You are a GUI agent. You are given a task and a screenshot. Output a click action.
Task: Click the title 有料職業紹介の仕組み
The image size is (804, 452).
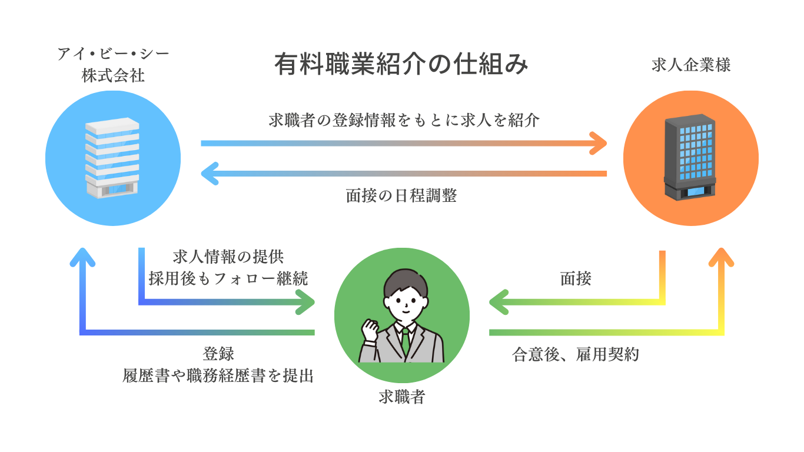coord(401,65)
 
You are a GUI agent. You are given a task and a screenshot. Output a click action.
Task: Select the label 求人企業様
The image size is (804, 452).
coord(691,65)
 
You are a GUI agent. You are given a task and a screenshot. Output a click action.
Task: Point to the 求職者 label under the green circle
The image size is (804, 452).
coord(401,398)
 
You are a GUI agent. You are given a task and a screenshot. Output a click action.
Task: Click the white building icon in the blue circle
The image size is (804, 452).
coord(112,158)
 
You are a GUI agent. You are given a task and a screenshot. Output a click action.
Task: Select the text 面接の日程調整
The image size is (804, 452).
coord(401,196)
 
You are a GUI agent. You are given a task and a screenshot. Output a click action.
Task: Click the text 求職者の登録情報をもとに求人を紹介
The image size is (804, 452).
coord(404,121)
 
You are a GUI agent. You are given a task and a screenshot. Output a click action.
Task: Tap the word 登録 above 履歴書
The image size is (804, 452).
coord(218,354)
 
